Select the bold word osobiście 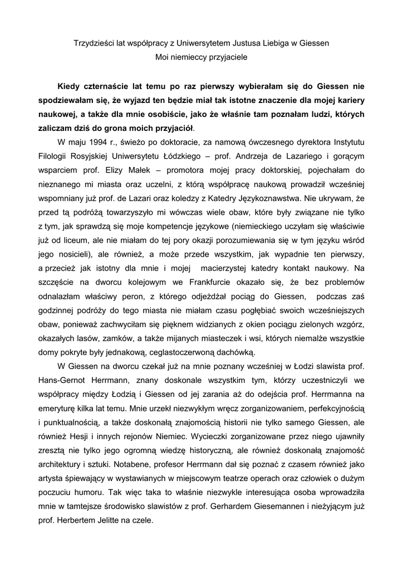click(158, 115)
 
